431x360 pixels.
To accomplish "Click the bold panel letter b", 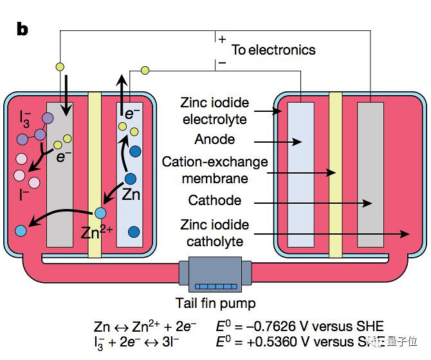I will click(23, 30).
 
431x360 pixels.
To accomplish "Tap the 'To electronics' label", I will click(273, 50).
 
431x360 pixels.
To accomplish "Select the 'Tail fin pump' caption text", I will click(215, 303).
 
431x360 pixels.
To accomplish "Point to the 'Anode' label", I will click(215, 139).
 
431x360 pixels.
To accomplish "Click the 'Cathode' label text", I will click(215, 201).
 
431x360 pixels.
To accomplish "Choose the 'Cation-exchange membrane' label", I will click(215, 170).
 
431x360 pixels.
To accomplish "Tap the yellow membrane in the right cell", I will click(335, 174).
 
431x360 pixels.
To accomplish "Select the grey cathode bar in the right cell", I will click(370, 174).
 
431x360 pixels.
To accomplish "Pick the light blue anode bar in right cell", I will click(300, 174).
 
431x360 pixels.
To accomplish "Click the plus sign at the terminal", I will click(223, 39).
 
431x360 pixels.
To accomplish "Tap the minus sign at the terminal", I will click(223, 63).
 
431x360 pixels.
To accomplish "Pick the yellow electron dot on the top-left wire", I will click(60, 66).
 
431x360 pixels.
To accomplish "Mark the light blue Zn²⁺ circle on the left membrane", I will click(100, 213).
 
